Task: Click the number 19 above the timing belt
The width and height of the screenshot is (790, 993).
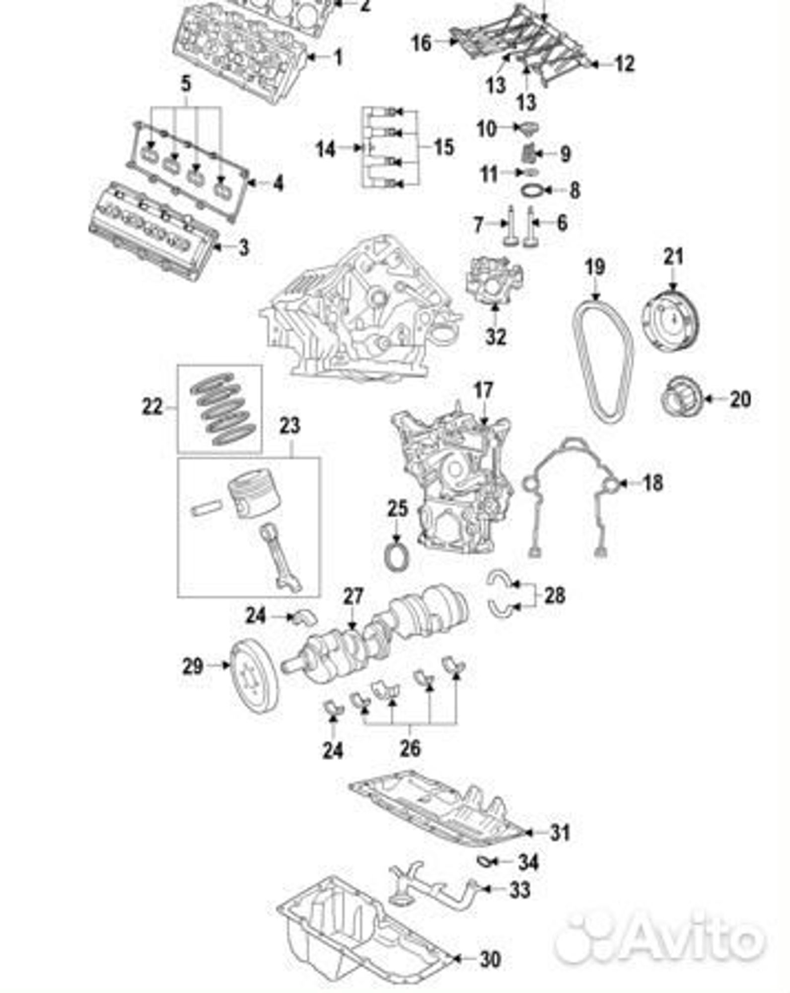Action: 595,268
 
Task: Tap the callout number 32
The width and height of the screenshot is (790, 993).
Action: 495,337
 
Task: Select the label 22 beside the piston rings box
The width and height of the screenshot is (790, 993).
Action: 152,407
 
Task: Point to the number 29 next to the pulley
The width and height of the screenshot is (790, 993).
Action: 193,666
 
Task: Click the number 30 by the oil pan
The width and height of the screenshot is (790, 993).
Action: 490,959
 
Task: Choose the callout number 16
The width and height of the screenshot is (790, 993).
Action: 422,43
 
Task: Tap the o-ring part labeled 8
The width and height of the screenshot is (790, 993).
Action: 532,190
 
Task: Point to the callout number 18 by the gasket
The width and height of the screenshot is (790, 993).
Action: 652,482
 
